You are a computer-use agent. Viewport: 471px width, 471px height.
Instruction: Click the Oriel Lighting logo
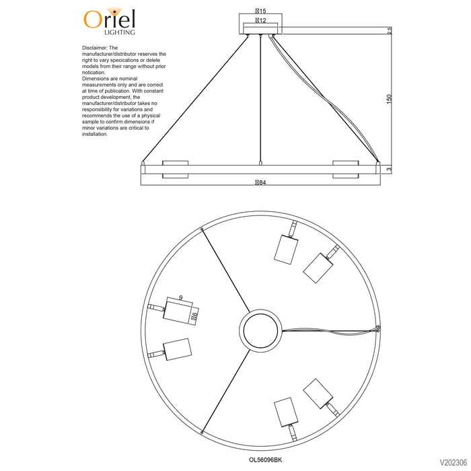pyautogui.click(x=109, y=22)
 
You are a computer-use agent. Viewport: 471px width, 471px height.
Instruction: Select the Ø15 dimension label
pyautogui.click(x=260, y=11)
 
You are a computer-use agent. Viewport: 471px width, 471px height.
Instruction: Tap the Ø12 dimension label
pyautogui.click(x=260, y=20)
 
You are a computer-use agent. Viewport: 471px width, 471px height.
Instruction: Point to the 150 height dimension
pyautogui.click(x=389, y=99)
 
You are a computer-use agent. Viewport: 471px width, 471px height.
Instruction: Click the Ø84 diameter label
pyautogui.click(x=260, y=182)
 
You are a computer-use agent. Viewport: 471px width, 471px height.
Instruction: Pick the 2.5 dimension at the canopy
pyautogui.click(x=390, y=30)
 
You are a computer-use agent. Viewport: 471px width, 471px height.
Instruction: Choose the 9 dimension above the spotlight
pyautogui.click(x=180, y=297)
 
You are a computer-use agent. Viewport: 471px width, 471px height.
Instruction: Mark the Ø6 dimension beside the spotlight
pyautogui.click(x=194, y=316)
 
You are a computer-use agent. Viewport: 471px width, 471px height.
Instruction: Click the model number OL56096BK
pyautogui.click(x=265, y=460)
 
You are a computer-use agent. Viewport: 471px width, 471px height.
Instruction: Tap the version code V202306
pyautogui.click(x=454, y=462)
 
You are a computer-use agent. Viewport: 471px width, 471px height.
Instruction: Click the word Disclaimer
pyautogui.click(x=95, y=48)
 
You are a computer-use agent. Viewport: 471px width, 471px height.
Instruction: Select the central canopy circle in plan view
pyautogui.click(x=260, y=330)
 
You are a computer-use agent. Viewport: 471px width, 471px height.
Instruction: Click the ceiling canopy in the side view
pyautogui.click(x=260, y=30)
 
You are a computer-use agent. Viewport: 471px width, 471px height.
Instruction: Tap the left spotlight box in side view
pyautogui.click(x=176, y=170)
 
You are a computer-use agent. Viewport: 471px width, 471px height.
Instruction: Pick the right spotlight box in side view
pyautogui.click(x=345, y=170)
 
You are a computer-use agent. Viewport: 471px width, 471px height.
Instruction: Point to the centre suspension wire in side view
pyautogui.click(x=260, y=99)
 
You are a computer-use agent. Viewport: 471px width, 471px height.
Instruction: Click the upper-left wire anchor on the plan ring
pyautogui.click(x=202, y=229)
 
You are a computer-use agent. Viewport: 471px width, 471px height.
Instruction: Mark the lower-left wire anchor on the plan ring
pyautogui.click(x=202, y=432)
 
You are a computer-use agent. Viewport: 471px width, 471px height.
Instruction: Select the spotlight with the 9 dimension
pyautogui.click(x=178, y=312)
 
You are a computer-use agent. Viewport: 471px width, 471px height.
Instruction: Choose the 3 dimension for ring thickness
pyautogui.click(x=390, y=170)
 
